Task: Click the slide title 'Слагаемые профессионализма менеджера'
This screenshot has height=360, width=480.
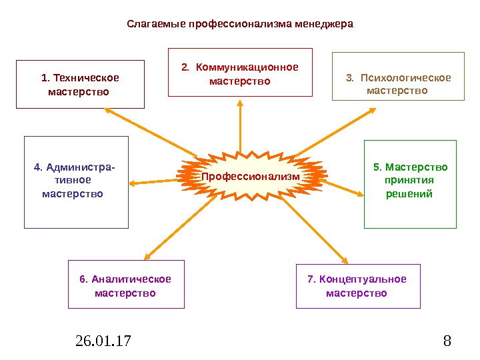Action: click(240, 24)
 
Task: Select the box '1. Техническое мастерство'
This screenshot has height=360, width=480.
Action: click(80, 84)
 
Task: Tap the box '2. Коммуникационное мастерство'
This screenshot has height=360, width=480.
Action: click(240, 72)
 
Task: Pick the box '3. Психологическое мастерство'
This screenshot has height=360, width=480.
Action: click(398, 77)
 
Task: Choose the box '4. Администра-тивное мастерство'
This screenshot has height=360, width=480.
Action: click(76, 182)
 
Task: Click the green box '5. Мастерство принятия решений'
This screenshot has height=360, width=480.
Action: click(410, 183)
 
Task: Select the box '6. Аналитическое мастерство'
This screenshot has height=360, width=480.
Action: click(126, 284)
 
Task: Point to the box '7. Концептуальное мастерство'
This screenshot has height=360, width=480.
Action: click(358, 285)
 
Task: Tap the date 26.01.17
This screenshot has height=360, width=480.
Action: click(103, 342)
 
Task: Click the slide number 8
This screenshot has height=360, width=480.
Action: click(447, 342)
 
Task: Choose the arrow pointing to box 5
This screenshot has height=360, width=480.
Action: click(343, 187)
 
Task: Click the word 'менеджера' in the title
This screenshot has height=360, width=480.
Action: click(324, 24)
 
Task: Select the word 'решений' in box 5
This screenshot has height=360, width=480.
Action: click(410, 194)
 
